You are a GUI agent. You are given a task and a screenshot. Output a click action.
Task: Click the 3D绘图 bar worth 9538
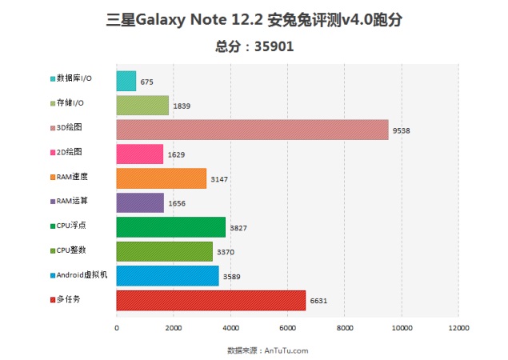click(x=252, y=130)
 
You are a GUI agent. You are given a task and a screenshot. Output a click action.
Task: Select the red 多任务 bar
click(x=210, y=300)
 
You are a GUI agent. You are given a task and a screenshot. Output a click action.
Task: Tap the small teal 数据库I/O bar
click(x=126, y=81)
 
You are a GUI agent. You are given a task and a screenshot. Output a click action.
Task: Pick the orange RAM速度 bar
click(x=161, y=178)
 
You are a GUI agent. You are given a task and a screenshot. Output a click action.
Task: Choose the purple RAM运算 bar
click(x=140, y=202)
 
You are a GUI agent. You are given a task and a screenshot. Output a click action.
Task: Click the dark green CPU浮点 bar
click(x=170, y=227)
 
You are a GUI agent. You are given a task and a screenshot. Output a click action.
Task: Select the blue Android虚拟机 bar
click(x=167, y=276)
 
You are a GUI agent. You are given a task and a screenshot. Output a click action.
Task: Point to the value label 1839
click(x=181, y=106)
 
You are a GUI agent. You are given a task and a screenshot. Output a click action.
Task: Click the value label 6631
click(x=318, y=301)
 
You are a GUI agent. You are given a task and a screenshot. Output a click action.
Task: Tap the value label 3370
click(x=225, y=252)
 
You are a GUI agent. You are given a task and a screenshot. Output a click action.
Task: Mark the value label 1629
click(x=175, y=154)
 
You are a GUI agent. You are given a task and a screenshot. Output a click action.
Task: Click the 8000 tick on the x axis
click(x=345, y=327)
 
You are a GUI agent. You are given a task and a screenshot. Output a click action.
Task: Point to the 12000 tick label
click(x=458, y=327)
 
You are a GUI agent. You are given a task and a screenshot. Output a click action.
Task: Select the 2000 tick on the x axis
click(x=174, y=327)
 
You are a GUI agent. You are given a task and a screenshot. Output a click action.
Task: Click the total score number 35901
click(x=274, y=46)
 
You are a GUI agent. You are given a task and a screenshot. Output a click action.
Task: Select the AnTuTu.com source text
click(x=284, y=350)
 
